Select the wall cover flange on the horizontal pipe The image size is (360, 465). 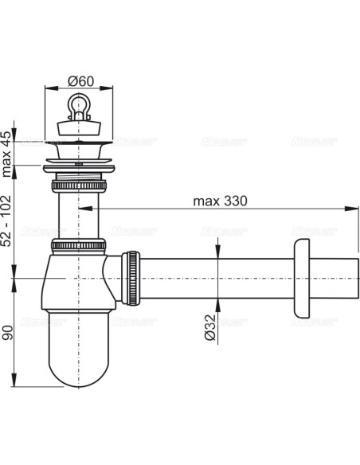301,278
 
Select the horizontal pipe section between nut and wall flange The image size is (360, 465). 215,278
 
